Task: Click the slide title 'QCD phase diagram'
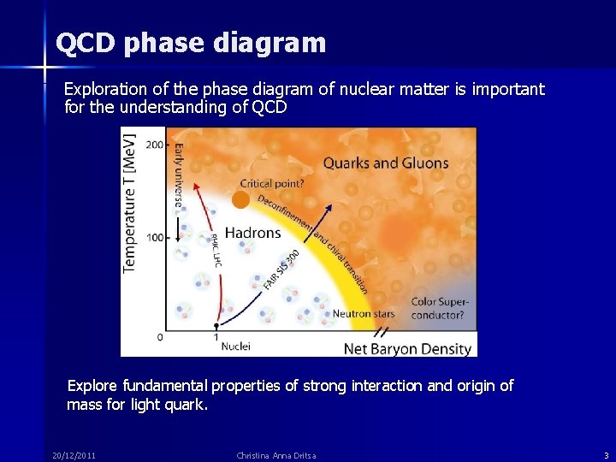[190, 43]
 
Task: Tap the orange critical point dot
[241, 199]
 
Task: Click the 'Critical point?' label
[272, 183]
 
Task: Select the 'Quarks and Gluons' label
[385, 163]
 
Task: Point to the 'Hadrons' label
[252, 233]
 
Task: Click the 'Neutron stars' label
[364, 314]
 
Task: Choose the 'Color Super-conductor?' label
[438, 308]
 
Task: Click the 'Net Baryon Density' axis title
[407, 348]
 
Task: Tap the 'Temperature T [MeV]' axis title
[130, 203]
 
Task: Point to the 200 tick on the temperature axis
[154, 145]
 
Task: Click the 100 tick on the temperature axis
[154, 237]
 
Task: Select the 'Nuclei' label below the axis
[236, 346]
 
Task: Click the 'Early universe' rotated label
[179, 175]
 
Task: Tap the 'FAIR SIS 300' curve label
[281, 269]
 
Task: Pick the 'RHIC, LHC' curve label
[210, 251]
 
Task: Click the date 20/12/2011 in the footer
[73, 455]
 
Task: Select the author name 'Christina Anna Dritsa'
[276, 455]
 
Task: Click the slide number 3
[606, 455]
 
